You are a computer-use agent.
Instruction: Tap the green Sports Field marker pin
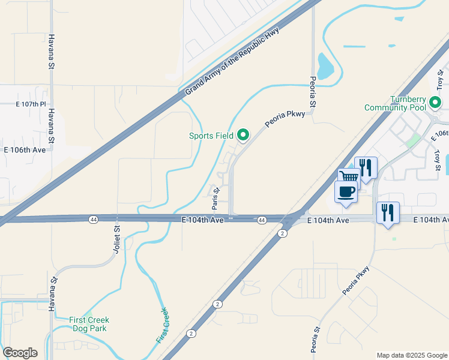pos(243,136)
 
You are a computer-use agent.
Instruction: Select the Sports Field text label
pos(211,136)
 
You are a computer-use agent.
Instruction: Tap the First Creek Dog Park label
pos(89,324)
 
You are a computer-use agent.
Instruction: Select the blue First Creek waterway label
pos(163,325)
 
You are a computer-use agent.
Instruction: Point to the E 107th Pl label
pos(31,104)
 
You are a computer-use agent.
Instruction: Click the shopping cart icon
pos(348,177)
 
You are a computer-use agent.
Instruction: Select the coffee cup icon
pos(346,191)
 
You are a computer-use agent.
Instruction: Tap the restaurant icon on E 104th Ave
pos(388,212)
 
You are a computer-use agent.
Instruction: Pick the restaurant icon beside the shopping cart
pos(366,166)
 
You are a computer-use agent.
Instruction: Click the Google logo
pos(20,353)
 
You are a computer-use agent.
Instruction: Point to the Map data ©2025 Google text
pos(411,355)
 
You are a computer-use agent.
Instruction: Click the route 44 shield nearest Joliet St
pos(94,220)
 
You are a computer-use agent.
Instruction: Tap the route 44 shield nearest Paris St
pos(262,220)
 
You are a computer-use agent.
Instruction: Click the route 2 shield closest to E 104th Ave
pos(282,233)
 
